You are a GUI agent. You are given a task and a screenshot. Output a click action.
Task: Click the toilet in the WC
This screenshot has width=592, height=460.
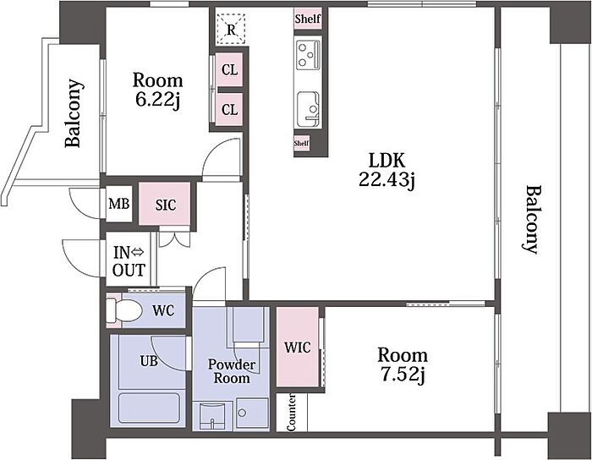pyautogui.click(x=123, y=310)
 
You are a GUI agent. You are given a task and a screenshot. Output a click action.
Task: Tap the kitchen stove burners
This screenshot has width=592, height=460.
pyautogui.click(x=308, y=55)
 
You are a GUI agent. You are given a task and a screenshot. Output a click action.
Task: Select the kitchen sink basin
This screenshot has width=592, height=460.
pyautogui.click(x=309, y=109)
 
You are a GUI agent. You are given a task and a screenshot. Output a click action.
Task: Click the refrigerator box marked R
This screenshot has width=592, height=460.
pyautogui.click(x=231, y=29)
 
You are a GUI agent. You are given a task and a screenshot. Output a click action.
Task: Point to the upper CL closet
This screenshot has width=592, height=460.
pyautogui.click(x=229, y=70)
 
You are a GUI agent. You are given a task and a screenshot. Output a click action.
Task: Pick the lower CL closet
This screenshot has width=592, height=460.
pyautogui.click(x=229, y=110)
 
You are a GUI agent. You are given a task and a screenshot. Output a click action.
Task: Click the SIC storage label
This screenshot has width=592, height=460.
pyautogui.click(x=166, y=205)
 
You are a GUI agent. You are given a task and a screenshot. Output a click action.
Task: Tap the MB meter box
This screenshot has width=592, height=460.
pyautogui.click(x=119, y=204)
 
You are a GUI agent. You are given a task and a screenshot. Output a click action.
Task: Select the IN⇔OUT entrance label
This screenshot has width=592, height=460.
pyautogui.click(x=129, y=261)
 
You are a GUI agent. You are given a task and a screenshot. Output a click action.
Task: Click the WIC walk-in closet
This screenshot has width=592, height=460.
pyautogui.click(x=298, y=348)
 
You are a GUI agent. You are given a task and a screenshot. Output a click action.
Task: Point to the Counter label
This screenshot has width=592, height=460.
pyautogui.click(x=291, y=413)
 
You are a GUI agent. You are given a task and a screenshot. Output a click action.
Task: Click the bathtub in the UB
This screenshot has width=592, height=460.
pyautogui.click(x=149, y=408)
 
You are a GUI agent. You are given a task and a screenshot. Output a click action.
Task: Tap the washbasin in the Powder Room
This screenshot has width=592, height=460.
pyautogui.click(x=211, y=415)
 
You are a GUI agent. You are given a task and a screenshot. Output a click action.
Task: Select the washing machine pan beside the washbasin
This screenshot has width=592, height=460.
pyautogui.click(x=252, y=413)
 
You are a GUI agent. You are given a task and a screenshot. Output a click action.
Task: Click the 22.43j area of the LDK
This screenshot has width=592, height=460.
pyautogui.click(x=386, y=180)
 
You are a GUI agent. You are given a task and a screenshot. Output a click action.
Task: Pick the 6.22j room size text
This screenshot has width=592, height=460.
pyautogui.click(x=157, y=101)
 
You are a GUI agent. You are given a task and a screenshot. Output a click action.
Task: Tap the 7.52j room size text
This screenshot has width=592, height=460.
pyautogui.click(x=403, y=375)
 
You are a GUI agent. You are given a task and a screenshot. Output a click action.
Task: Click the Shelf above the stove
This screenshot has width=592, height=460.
pyautogui.click(x=308, y=19)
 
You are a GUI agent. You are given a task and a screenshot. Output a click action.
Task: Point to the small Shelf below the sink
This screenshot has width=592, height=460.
pyautogui.click(x=301, y=143)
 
